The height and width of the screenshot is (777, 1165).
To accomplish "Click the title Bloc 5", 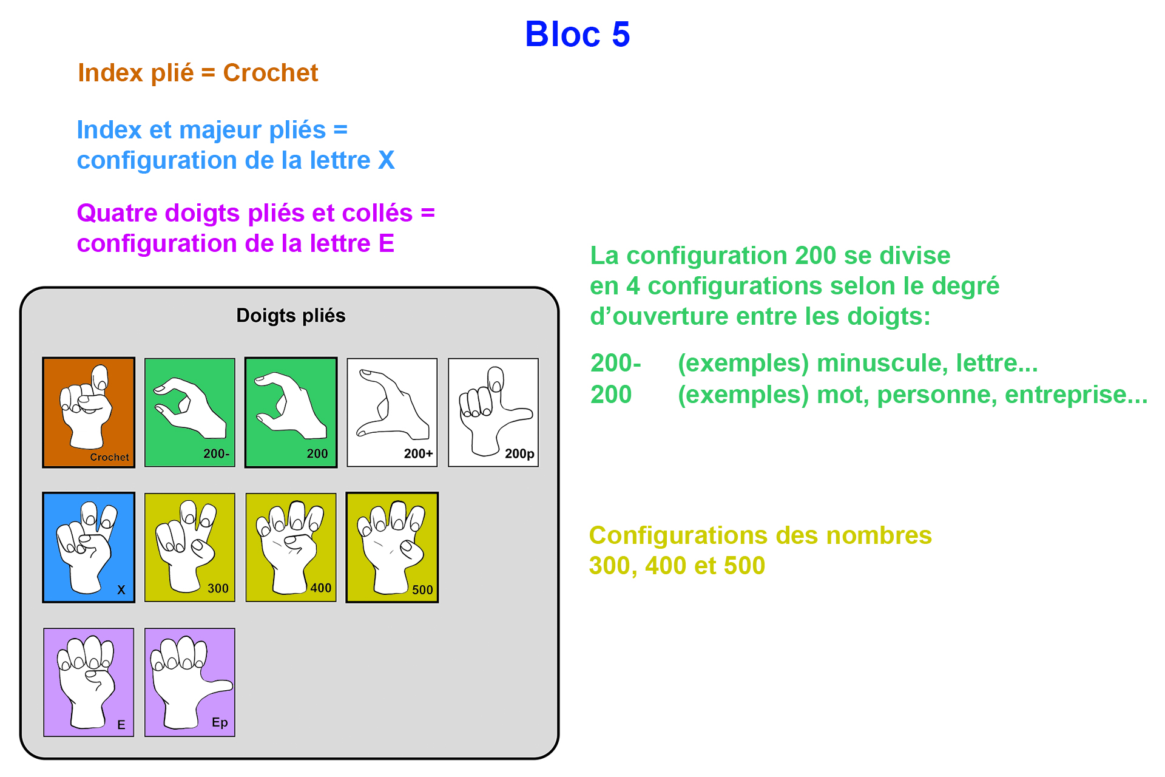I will (x=577, y=34).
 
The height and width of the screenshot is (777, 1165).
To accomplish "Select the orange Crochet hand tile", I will (x=89, y=412).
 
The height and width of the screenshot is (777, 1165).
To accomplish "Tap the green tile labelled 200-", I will (x=189, y=412).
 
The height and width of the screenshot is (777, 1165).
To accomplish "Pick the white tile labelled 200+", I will (x=392, y=412).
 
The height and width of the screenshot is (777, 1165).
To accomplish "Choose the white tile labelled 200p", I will (x=493, y=412).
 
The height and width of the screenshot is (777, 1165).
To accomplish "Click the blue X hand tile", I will (x=89, y=547).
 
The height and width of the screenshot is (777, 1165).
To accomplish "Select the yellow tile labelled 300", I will (x=189, y=547).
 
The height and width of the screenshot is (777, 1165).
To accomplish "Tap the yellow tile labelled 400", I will (x=291, y=547).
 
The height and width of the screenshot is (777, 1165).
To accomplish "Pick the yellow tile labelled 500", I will (x=392, y=547).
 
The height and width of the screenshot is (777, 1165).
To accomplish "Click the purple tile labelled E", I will (x=89, y=682).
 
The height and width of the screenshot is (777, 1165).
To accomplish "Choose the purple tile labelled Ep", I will (x=189, y=682).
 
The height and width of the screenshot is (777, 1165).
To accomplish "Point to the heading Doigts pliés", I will (x=291, y=316).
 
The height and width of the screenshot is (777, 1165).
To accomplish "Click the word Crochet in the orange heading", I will (x=270, y=73).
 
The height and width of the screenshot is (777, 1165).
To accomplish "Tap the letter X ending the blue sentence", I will (x=387, y=160).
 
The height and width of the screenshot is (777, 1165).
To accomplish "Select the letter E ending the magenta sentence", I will (x=387, y=243).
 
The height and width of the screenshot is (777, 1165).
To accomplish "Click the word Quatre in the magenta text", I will (x=116, y=213).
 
